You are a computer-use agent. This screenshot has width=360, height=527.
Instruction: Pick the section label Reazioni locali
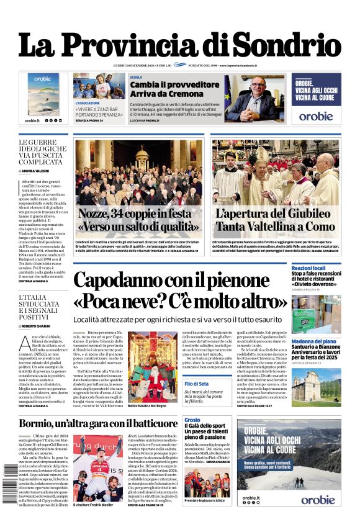309,268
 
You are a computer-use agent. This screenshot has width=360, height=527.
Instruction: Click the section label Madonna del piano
313,341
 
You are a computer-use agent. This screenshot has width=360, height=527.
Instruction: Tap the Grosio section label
192,420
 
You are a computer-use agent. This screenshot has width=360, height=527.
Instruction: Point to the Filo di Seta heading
196,384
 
